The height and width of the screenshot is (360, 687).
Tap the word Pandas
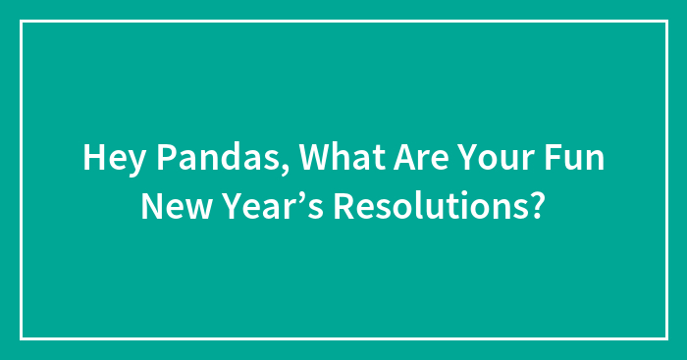195,160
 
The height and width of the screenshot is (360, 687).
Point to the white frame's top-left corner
22,22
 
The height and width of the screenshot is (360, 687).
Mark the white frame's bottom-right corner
665,338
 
